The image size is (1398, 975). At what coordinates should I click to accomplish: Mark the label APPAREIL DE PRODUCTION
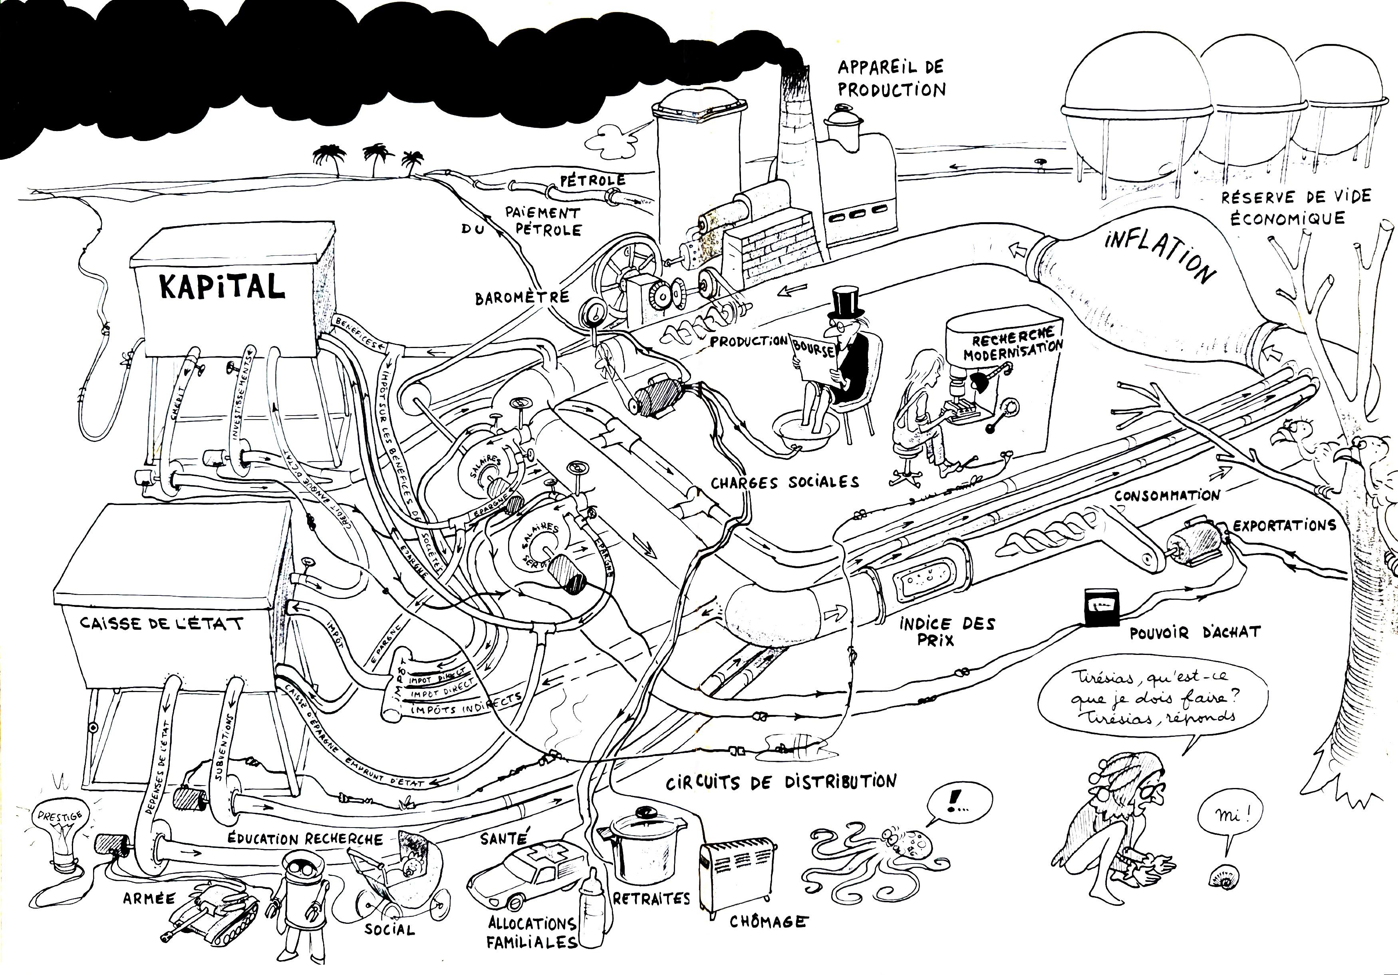pos(891,79)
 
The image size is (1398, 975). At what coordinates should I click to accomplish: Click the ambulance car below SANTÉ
pos(524,874)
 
